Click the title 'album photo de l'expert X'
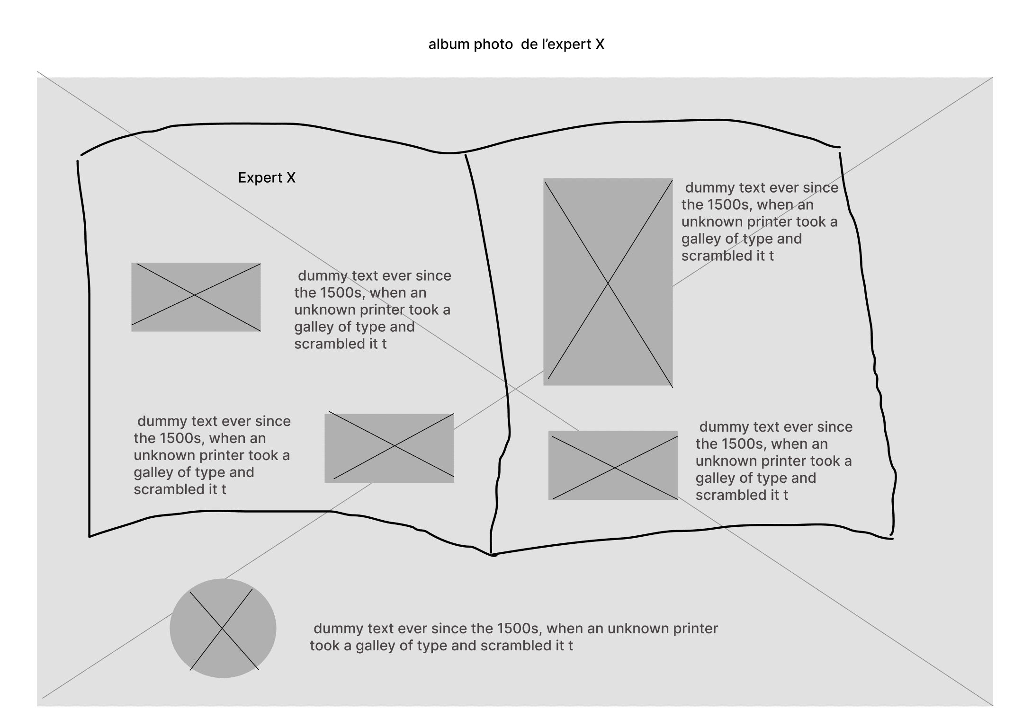pyautogui.click(x=516, y=44)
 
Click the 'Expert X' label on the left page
pyautogui.click(x=267, y=177)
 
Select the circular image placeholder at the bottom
pyautogui.click(x=223, y=628)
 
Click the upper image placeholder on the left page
pyautogui.click(x=196, y=297)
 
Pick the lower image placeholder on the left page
pyautogui.click(x=389, y=448)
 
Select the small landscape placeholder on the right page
pyautogui.click(x=613, y=465)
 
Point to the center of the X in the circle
pyautogui.click(x=222, y=629)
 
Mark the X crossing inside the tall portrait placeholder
pyautogui.click(x=608, y=283)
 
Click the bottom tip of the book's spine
pyautogui.click(x=492, y=554)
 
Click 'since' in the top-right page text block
pyautogui.click(x=820, y=188)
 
